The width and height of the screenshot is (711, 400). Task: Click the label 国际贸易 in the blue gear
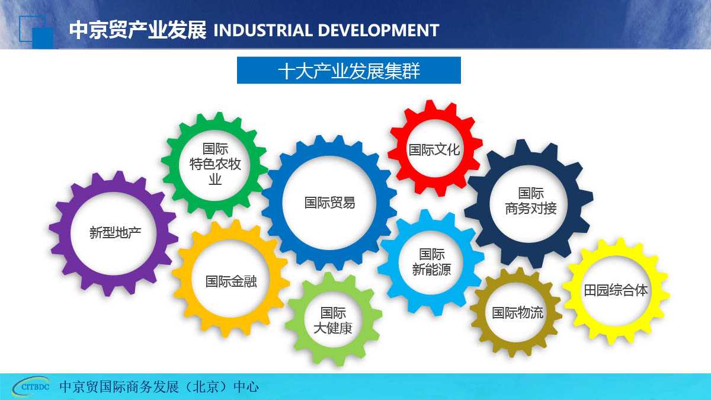tap(329, 203)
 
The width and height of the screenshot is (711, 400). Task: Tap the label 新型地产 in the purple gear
tap(115, 233)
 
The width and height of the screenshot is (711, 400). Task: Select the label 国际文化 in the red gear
tap(434, 149)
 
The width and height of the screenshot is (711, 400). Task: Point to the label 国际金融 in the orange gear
tap(231, 281)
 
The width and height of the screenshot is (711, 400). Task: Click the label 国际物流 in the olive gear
tap(518, 313)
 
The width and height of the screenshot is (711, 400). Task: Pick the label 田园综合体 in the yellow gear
tap(616, 290)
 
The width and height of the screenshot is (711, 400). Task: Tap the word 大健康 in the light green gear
tap(333, 328)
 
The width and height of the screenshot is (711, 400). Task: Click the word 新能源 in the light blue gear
tap(431, 270)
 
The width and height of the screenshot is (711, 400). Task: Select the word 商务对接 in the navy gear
tap(531, 209)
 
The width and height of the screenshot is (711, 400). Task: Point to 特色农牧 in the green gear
tap(215, 165)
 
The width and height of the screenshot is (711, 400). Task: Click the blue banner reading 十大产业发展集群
tap(349, 70)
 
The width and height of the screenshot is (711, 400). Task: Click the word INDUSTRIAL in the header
tap(263, 30)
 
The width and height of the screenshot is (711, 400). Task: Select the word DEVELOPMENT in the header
tap(379, 30)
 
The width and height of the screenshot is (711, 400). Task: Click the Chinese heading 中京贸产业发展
tap(137, 30)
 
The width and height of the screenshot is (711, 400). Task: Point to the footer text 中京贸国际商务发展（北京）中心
tap(159, 387)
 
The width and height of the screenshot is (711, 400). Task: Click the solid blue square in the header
tap(43, 38)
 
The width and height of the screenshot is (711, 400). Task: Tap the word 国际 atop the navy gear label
tap(531, 193)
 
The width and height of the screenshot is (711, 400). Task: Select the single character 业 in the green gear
tap(215, 180)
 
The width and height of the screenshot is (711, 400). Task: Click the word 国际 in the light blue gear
tap(432, 254)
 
